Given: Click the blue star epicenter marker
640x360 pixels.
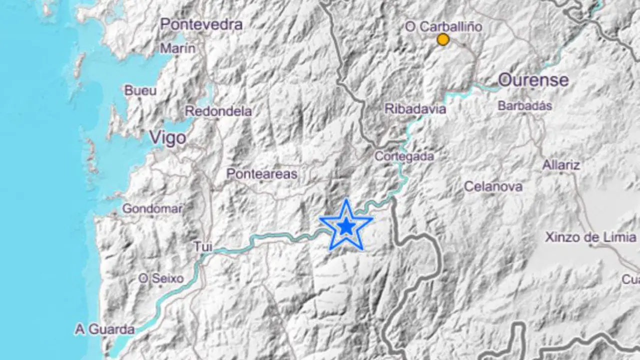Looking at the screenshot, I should point(346,226).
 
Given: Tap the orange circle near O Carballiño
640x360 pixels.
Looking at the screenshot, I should point(443,39).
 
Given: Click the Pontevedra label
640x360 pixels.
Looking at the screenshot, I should point(201,24).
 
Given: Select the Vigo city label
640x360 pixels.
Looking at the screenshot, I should point(168,138).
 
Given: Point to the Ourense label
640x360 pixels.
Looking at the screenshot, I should point(533,80).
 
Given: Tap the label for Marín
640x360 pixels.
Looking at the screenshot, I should point(177,48).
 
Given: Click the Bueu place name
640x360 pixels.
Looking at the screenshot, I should point(140,91).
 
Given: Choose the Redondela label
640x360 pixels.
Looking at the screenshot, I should point(218,111).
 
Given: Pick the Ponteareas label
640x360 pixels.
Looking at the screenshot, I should point(262,174).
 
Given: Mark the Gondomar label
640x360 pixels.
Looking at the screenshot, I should point(152,208).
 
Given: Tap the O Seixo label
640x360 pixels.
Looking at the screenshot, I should point(161,279).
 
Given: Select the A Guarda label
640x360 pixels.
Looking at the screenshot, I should point(105,329).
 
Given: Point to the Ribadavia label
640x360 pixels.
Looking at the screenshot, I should point(415,108).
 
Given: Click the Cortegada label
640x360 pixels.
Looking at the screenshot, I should point(404,156).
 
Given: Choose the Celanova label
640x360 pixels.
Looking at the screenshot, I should point(493,186).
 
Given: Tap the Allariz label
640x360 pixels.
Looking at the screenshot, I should point(561,165).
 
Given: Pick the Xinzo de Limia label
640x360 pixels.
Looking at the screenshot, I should point(590,237).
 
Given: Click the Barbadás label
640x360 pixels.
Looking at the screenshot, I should point(525,106).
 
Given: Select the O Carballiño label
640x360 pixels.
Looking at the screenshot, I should point(443,27).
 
